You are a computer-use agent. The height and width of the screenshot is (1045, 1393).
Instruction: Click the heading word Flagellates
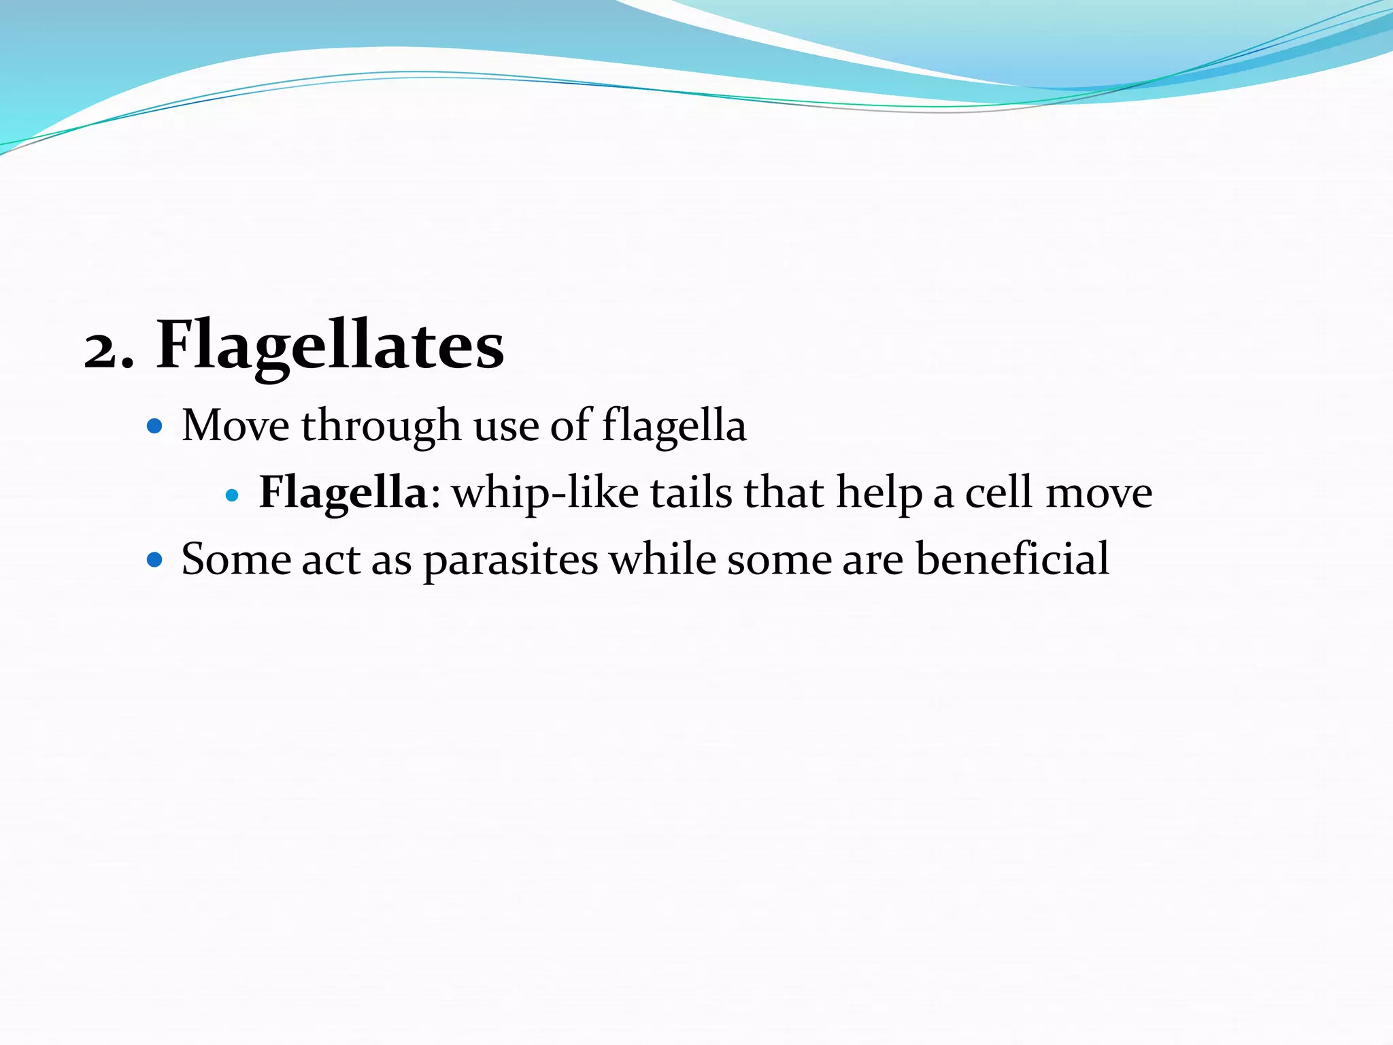(331, 346)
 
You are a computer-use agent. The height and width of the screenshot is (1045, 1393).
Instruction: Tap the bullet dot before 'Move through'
(155, 427)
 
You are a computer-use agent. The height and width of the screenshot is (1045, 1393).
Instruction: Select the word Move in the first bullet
(235, 427)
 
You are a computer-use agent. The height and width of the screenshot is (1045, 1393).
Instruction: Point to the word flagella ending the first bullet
(674, 427)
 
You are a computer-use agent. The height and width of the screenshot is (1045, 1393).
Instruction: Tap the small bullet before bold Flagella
(232, 495)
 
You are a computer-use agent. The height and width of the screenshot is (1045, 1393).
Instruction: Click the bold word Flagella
(343, 493)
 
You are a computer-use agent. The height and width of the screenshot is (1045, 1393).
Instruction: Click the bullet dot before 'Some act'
(155, 560)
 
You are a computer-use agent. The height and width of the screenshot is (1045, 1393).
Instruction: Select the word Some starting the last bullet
(235, 560)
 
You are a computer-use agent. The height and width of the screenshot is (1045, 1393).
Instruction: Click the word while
(662, 559)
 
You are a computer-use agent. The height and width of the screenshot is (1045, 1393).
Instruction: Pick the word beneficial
(1012, 559)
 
